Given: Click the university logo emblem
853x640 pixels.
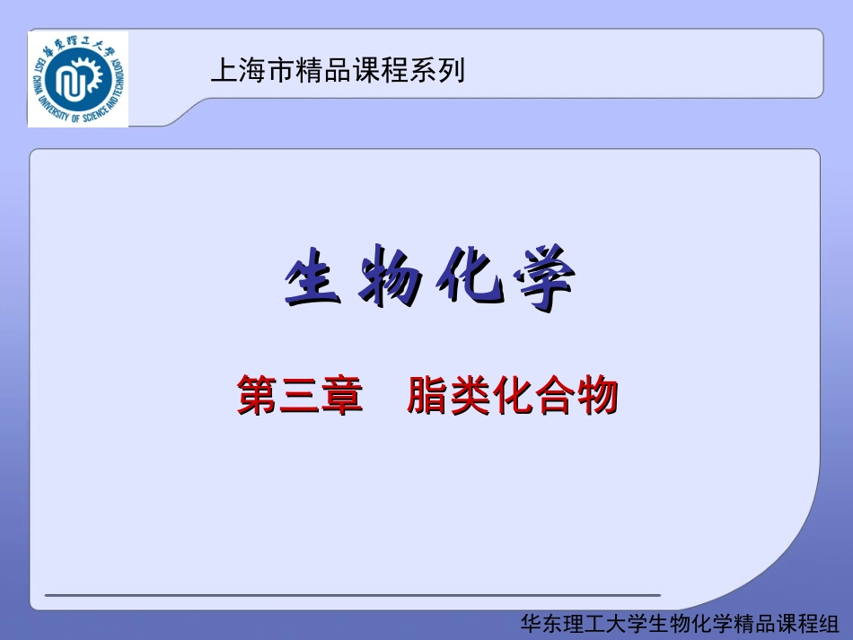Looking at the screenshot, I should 78,79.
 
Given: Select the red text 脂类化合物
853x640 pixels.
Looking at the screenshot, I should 513,395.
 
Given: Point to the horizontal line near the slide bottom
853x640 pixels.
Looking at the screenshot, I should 352,595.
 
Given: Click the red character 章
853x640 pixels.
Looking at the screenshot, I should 342,395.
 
